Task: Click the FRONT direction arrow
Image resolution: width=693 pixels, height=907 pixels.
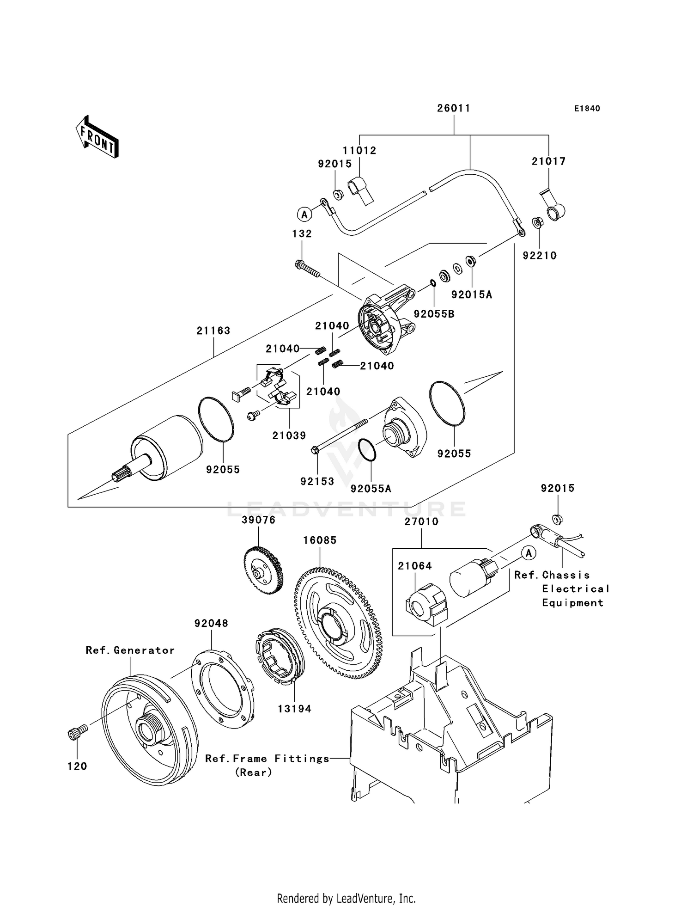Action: (97, 138)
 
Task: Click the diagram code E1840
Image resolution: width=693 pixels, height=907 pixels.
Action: (587, 109)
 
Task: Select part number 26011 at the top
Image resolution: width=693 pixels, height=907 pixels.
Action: (454, 108)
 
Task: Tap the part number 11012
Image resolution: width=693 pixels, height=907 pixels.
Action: (359, 151)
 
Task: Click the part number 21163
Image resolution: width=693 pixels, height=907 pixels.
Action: (213, 331)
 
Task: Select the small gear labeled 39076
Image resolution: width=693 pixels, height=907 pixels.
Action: (262, 570)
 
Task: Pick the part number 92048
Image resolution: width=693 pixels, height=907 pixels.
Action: (211, 624)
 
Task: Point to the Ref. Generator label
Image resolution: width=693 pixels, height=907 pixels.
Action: (130, 650)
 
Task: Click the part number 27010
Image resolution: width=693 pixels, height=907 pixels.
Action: (421, 521)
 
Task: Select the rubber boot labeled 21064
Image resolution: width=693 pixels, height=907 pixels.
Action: (426, 604)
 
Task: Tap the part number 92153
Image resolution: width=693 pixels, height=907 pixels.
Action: (317, 482)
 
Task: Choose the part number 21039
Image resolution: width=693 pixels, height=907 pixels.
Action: (289, 435)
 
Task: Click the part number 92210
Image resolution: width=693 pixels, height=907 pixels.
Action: (540, 256)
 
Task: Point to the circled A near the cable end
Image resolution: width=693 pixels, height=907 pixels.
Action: (304, 214)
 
